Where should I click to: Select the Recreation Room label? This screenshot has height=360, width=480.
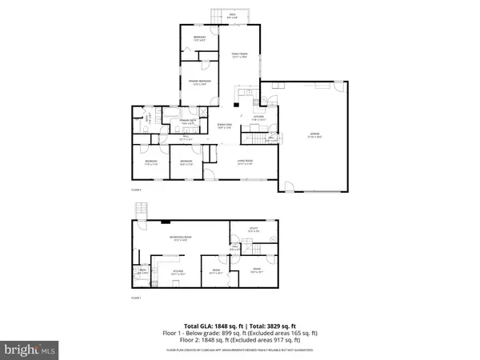pos(178,238)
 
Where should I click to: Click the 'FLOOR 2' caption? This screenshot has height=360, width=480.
pos(136,190)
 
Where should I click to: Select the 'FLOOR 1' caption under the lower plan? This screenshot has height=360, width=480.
pos(136,298)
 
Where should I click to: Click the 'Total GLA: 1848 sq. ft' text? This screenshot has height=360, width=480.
pos(214,327)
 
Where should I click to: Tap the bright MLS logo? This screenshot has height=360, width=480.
pos(30,348)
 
